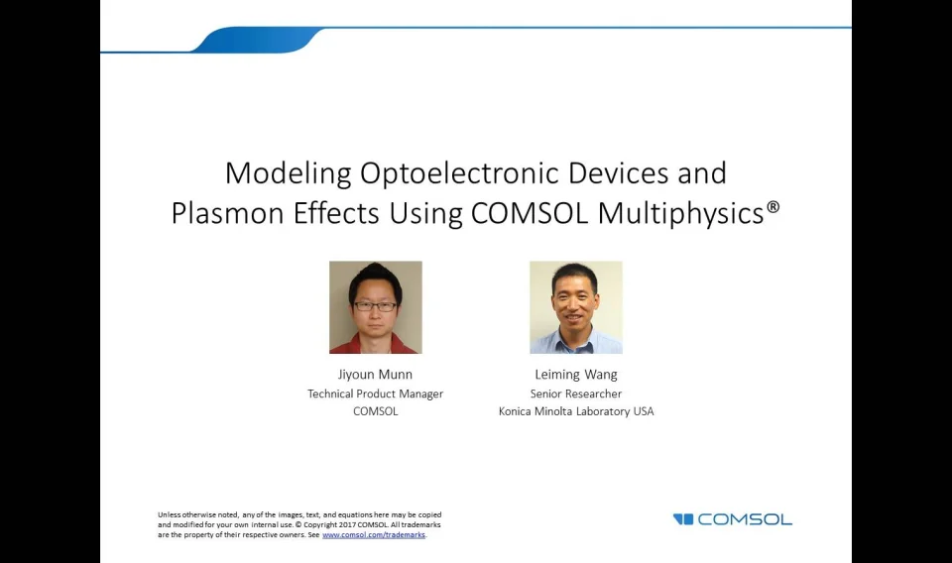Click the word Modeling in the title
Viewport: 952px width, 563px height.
pyautogui.click(x=288, y=173)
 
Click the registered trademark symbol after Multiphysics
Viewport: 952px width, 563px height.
pyautogui.click(x=773, y=207)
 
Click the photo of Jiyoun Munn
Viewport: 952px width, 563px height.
pyautogui.click(x=375, y=307)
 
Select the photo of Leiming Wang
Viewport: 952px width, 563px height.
pyautogui.click(x=575, y=307)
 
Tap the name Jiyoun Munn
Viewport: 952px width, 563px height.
pyautogui.click(x=375, y=375)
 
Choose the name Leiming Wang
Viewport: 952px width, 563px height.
pyautogui.click(x=575, y=375)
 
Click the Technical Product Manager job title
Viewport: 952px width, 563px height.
pyautogui.click(x=375, y=394)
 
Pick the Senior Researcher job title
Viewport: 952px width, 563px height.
pyautogui.click(x=575, y=394)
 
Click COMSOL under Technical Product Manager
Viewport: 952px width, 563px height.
pyautogui.click(x=375, y=411)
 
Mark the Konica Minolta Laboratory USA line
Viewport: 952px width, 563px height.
pyautogui.click(x=575, y=411)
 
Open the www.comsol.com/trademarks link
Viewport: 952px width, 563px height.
pyautogui.click(x=373, y=535)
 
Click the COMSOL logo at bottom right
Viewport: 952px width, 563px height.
pyautogui.click(x=744, y=519)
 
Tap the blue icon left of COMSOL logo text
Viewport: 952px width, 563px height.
pyautogui.click(x=683, y=519)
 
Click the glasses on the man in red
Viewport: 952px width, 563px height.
pyautogui.click(x=375, y=306)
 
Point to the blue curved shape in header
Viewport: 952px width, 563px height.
pyautogui.click(x=258, y=41)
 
